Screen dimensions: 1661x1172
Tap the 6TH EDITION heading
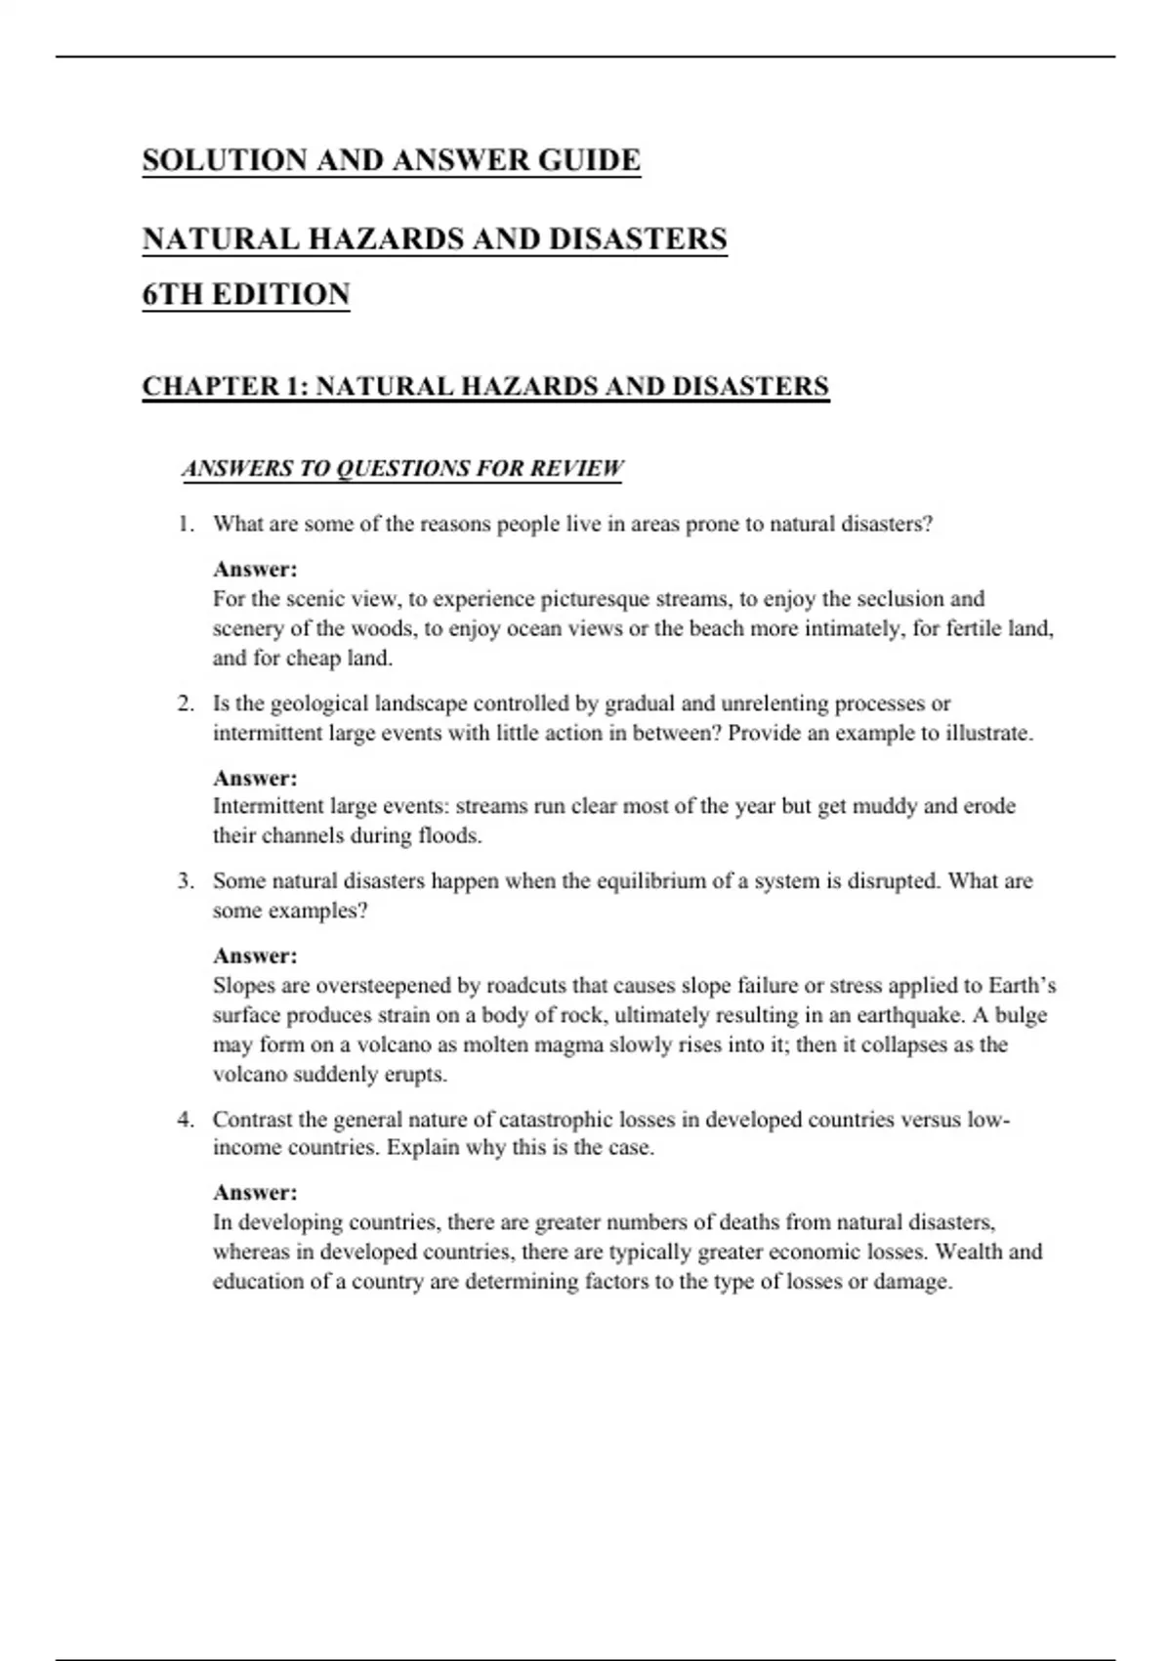246,294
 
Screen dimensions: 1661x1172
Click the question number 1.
186,525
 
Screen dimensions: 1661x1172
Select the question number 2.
186,704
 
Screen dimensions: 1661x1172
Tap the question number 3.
186,881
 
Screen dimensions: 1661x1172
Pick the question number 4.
186,1120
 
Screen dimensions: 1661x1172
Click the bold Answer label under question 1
255,570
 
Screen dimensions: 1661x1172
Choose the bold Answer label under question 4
255,1193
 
